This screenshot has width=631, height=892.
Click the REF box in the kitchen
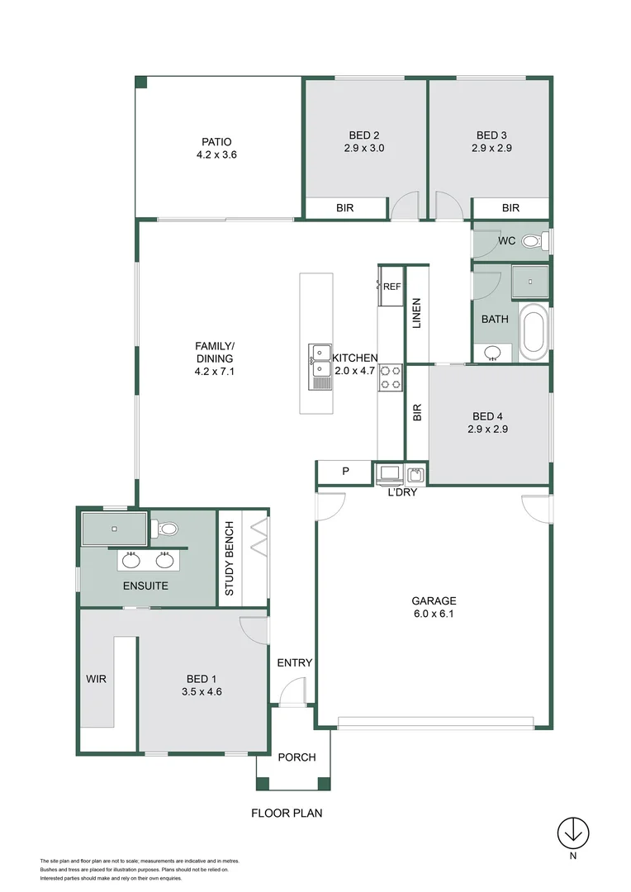pos(391,287)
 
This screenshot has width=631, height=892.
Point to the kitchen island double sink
pos(320,366)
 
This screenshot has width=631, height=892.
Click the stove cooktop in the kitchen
pos(391,377)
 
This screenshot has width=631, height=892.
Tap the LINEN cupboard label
pos(416,313)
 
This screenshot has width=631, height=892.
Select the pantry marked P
pos(345,472)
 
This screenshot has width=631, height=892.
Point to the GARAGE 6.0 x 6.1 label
pos(434,608)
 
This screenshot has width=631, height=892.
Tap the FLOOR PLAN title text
pos(287,813)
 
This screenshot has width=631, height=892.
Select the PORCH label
pos(297,757)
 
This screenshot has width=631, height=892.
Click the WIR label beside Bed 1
pos(97,679)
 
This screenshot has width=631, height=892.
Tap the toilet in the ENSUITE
pos(168,528)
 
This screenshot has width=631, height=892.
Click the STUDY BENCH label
pos(230,559)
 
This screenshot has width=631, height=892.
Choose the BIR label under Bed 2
pos(345,208)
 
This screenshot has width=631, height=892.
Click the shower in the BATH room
pos(529,281)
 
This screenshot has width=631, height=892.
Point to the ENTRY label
pos(294,662)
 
